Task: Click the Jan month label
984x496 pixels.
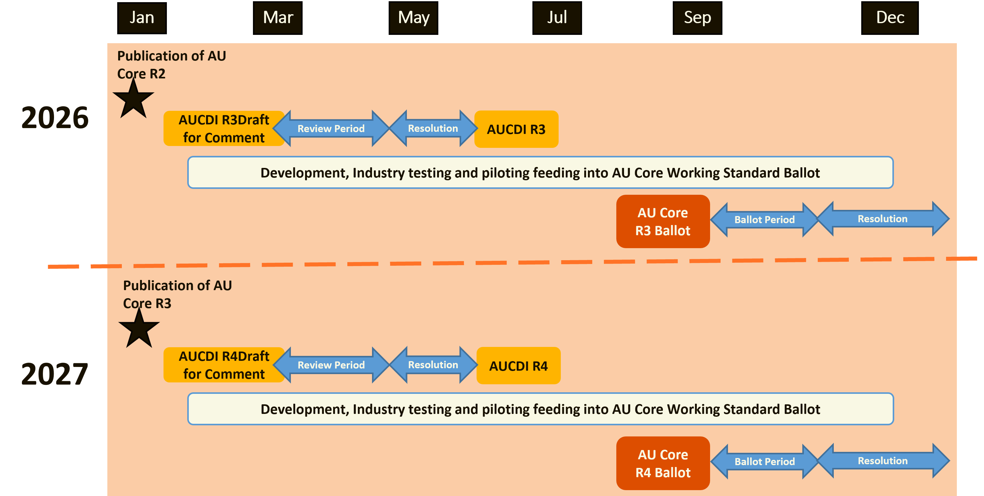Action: click(142, 18)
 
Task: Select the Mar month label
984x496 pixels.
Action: click(278, 18)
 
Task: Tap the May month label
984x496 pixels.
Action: click(413, 18)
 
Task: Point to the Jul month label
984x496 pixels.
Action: click(557, 18)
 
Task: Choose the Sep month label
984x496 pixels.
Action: click(697, 18)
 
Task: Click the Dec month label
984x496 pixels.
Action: click(890, 18)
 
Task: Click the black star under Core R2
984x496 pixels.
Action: click(133, 100)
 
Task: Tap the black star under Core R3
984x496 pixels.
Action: click(139, 330)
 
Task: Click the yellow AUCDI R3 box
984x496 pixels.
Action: click(516, 129)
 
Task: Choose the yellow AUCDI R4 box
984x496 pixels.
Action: click(518, 366)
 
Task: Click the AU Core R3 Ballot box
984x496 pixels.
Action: click(663, 222)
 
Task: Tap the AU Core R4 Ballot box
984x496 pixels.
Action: click(663, 463)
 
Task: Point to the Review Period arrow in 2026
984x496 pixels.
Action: click(331, 128)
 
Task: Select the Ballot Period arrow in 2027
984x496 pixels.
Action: click(764, 461)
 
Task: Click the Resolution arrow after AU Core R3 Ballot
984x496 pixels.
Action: click(883, 219)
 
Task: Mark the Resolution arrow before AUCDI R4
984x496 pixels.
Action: click(433, 365)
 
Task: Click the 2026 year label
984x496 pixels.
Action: click(55, 118)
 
